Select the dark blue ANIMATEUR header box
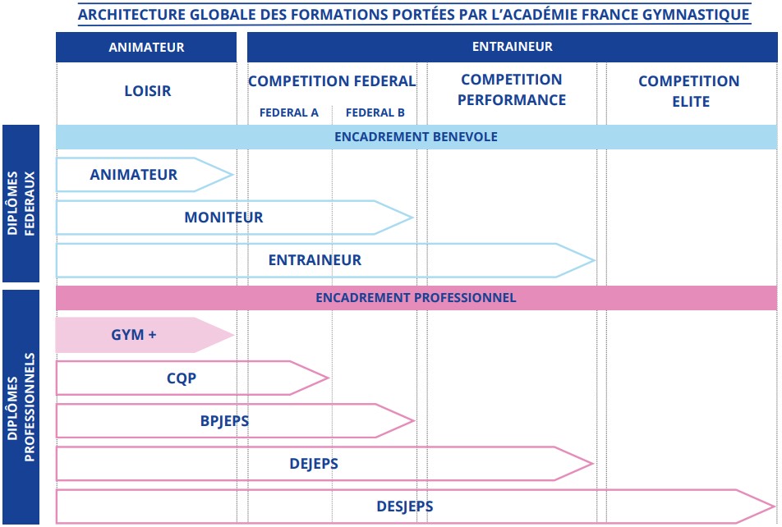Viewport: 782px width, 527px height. (146, 47)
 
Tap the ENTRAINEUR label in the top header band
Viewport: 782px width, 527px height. (513, 46)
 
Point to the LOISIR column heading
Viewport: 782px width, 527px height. (148, 91)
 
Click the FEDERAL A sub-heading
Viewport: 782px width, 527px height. (289, 112)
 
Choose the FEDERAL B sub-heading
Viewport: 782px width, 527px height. (375, 112)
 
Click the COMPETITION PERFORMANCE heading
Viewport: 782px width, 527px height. (512, 89)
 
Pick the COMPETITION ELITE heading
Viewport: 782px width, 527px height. (689, 91)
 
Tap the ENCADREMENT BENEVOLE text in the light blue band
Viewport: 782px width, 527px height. (416, 136)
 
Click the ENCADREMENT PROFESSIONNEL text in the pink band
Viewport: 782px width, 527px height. (416, 298)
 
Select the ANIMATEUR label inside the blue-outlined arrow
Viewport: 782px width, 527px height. (134, 175)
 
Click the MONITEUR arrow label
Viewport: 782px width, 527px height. (223, 218)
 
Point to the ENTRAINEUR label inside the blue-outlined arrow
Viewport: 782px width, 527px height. (315, 260)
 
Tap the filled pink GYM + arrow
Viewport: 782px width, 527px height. (145, 335)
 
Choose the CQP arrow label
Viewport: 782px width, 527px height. (182, 378)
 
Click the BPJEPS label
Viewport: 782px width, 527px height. (224, 421)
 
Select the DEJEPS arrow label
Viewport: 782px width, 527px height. (314, 464)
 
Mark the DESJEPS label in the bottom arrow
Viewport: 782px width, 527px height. (404, 506)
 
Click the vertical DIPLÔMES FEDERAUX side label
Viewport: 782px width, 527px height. (21, 204)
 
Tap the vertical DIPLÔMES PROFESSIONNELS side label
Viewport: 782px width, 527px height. (21, 407)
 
